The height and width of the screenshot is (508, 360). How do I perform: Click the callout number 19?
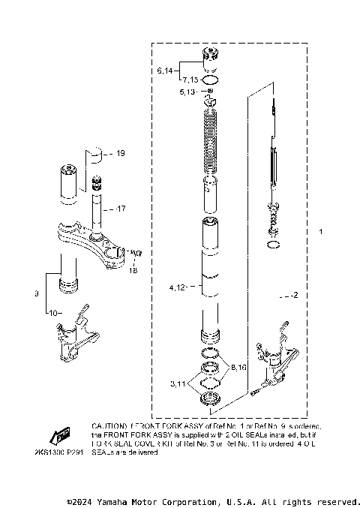click(121, 153)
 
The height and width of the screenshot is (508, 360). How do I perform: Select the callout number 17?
click(121, 209)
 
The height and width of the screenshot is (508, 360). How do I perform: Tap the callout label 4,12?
click(177, 287)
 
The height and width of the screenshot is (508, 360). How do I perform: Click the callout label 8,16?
click(238, 367)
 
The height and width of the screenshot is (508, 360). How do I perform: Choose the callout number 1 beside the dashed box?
click(321, 232)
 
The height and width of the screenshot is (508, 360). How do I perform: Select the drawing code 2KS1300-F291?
click(59, 453)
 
